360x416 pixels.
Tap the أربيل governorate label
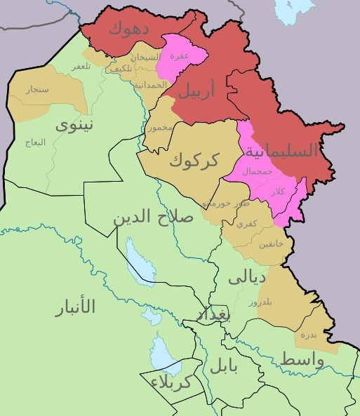pyautogui.click(x=204, y=90)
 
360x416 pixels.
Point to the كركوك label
pyautogui.click(x=193, y=161)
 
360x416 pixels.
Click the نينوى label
pyautogui.click(x=74, y=126)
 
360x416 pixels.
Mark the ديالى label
pyautogui.click(x=246, y=277)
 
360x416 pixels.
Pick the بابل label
pyautogui.click(x=223, y=365)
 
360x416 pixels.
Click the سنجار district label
pyautogui.click(x=36, y=90)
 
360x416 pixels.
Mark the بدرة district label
pyautogui.click(x=309, y=335)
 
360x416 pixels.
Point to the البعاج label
pyautogui.click(x=35, y=142)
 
